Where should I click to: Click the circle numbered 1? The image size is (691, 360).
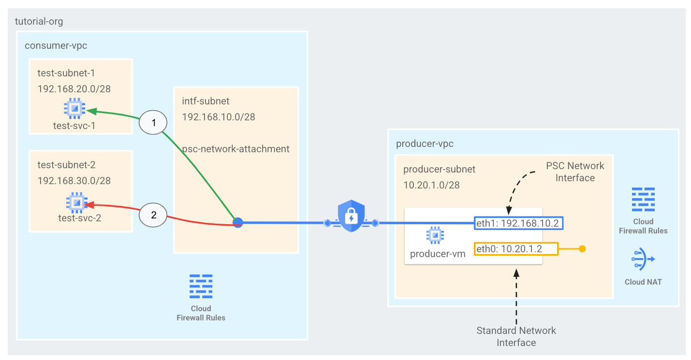(x=154, y=123)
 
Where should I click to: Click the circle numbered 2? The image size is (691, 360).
(x=154, y=215)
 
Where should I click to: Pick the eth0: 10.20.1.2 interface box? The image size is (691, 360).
(x=516, y=248)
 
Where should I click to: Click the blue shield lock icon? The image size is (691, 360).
(x=351, y=217)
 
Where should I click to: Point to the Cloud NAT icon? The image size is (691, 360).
(x=643, y=259)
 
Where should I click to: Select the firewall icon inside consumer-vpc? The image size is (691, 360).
(x=201, y=287)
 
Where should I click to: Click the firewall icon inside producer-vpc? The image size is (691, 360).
(x=643, y=200)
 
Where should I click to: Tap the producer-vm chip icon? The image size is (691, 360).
(x=435, y=235)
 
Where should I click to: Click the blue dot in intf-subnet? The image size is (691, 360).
(x=237, y=223)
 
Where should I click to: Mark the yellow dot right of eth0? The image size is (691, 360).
(x=582, y=249)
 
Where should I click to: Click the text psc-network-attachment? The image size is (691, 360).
(x=235, y=149)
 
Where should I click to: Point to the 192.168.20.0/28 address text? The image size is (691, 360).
(x=74, y=89)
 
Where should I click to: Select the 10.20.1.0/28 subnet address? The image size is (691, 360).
(x=431, y=185)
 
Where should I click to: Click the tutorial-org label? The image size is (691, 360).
(x=39, y=22)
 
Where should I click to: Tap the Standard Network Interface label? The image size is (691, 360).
(x=516, y=337)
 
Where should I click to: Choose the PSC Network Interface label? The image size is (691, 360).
(x=575, y=172)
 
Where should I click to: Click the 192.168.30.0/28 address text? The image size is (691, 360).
(x=74, y=181)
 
